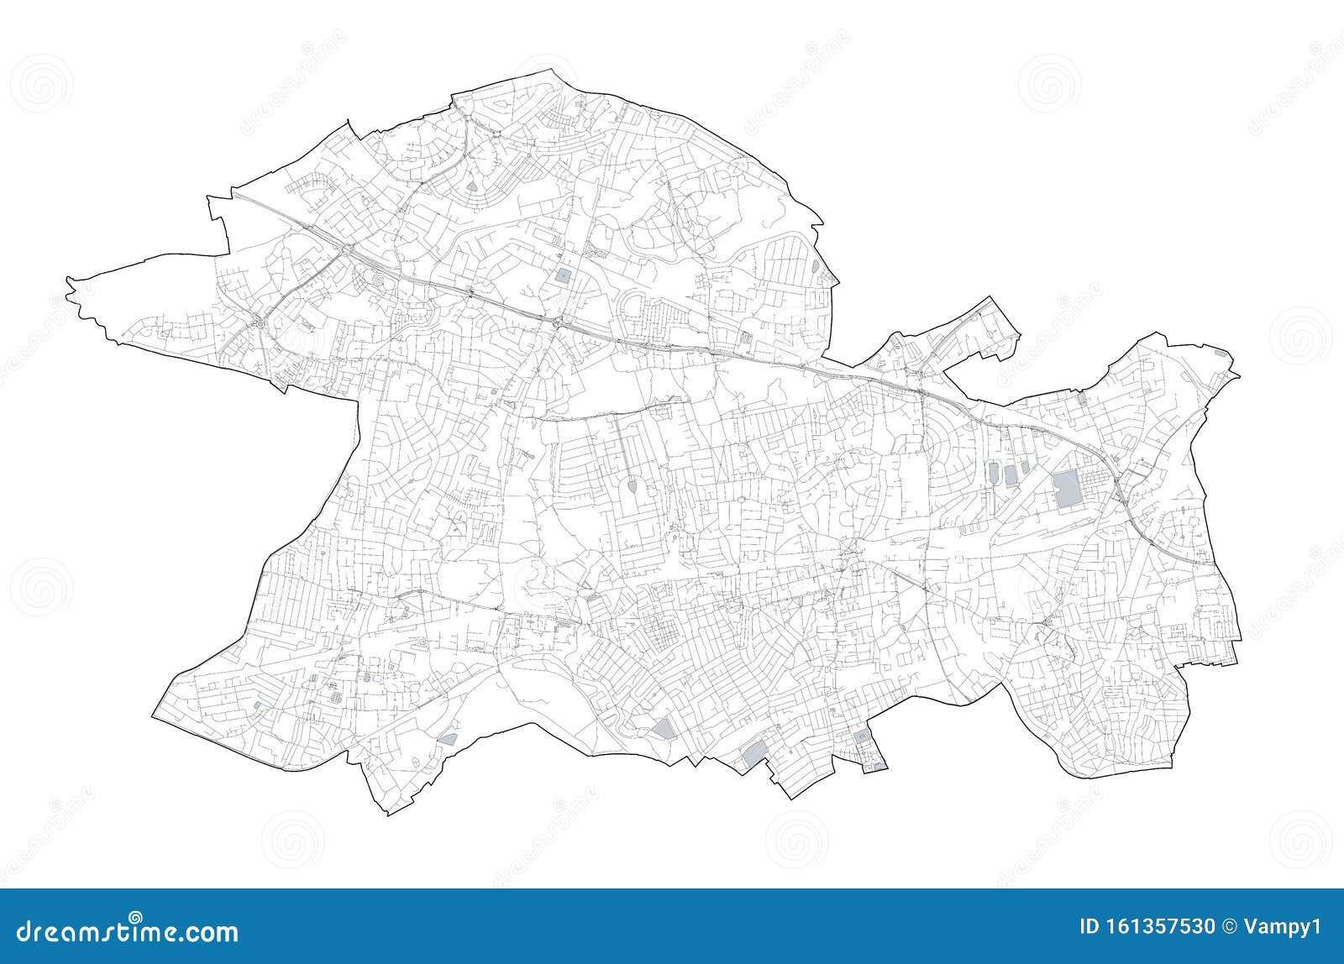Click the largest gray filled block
click(1064, 489)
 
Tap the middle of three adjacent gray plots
click(1011, 474)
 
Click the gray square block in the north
click(562, 275)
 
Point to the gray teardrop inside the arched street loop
click(631, 485)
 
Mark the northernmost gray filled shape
click(470, 182)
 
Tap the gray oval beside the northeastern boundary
click(816, 265)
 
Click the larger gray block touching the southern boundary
click(753, 753)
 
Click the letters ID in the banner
click(1089, 927)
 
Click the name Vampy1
click(1286, 927)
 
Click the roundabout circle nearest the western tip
click(261, 323)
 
